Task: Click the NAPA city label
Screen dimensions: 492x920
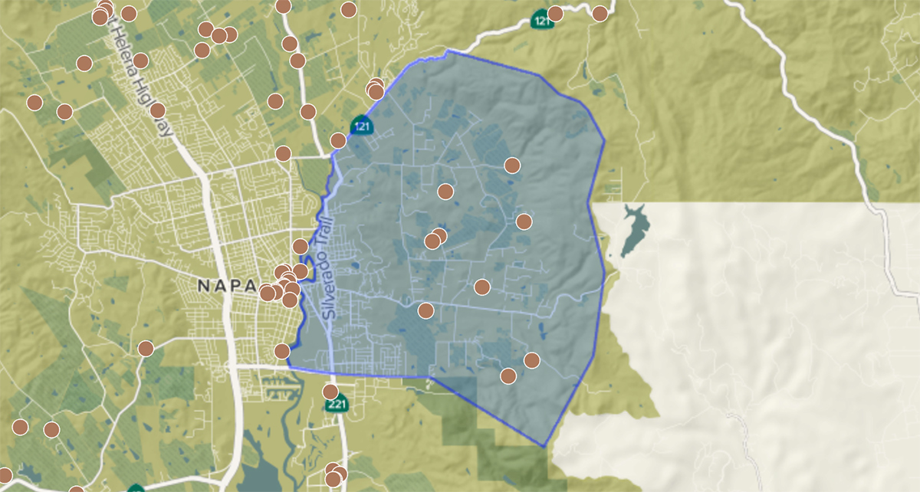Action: pos(226,285)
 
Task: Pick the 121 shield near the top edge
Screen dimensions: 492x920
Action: pos(542,20)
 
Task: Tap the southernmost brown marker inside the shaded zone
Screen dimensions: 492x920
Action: pos(508,376)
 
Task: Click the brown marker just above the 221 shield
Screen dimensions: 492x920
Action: pos(330,392)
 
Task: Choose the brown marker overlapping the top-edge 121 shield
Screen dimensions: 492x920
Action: pos(555,13)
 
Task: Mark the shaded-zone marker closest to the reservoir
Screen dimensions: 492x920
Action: pos(524,221)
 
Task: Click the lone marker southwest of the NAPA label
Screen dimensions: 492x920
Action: pos(146,349)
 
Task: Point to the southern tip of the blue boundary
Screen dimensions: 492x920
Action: pos(544,446)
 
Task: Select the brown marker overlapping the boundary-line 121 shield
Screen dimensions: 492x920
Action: pos(338,140)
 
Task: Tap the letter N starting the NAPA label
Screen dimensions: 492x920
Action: pos(203,285)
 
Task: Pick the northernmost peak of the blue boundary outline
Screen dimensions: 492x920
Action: pos(448,51)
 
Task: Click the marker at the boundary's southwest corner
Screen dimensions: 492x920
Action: pos(282,351)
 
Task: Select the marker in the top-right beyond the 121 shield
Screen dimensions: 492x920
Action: pos(600,13)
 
